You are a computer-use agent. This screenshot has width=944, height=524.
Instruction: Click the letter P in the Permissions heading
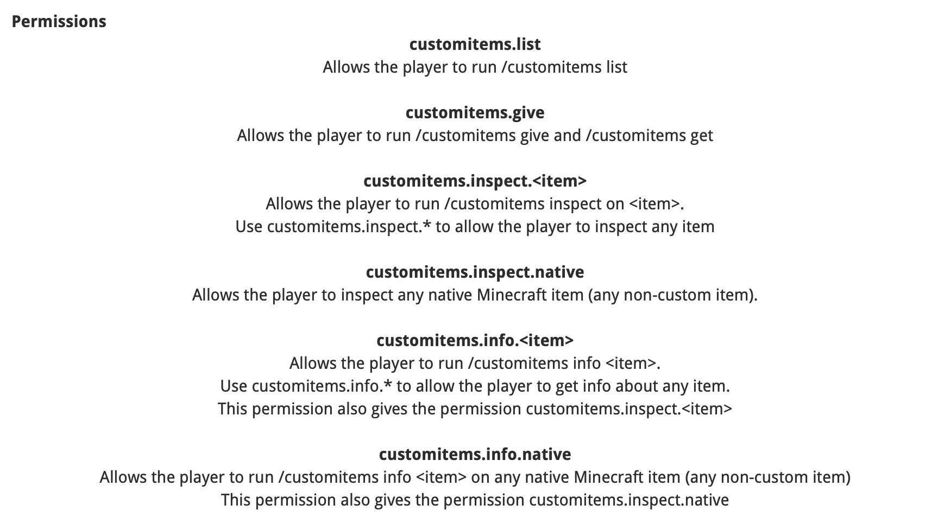pyautogui.click(x=16, y=22)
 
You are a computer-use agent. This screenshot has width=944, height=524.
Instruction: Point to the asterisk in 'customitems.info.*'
pyautogui.click(x=387, y=383)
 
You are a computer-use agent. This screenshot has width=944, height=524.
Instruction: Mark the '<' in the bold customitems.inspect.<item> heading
pyautogui.click(x=538, y=181)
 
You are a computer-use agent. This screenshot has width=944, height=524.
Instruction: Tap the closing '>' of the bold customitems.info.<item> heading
pyautogui.click(x=569, y=341)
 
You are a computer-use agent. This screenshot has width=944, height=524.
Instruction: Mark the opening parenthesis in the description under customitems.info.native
pyautogui.click(x=688, y=477)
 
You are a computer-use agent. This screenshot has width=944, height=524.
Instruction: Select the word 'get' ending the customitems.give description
pyautogui.click(x=702, y=136)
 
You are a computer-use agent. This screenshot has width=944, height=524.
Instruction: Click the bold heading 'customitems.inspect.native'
pyautogui.click(x=475, y=272)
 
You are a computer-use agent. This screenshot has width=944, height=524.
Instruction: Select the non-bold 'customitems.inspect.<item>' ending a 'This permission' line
pyautogui.click(x=629, y=409)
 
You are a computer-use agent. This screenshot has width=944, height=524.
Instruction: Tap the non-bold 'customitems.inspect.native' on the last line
pyautogui.click(x=629, y=500)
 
